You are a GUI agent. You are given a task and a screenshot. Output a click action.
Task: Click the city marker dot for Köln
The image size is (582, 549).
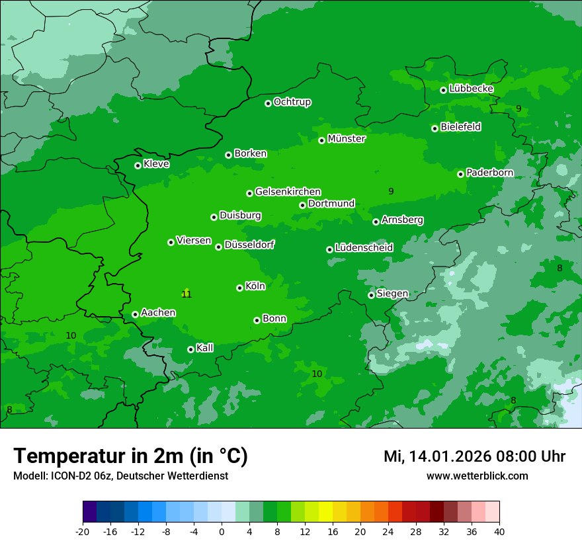click(x=239, y=288)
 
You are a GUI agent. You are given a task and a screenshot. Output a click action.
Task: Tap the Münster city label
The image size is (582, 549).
click(x=346, y=139)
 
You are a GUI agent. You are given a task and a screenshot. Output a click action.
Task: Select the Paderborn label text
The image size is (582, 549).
click(x=489, y=173)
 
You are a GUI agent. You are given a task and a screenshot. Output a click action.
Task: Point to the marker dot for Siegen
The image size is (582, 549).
click(x=371, y=295)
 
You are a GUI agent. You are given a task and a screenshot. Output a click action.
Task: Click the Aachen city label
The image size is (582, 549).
click(x=158, y=313)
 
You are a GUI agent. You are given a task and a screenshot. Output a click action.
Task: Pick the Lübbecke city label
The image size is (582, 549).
click(x=471, y=89)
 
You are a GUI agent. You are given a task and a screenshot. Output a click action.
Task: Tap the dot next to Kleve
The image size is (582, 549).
click(x=138, y=165)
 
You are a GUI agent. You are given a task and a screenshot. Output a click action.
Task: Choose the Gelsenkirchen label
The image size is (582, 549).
click(x=288, y=192)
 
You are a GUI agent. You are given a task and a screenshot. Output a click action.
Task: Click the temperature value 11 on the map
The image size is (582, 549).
click(x=187, y=294)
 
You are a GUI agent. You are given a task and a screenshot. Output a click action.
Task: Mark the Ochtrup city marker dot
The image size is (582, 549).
click(x=268, y=103)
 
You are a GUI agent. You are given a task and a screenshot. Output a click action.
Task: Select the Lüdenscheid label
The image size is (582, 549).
click(x=364, y=248)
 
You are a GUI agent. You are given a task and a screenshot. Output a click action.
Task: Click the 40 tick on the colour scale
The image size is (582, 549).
click(x=499, y=532)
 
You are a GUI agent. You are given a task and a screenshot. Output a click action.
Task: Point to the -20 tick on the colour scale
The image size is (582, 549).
click(x=83, y=532)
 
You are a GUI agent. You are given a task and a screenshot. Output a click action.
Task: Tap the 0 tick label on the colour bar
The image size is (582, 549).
click(x=222, y=532)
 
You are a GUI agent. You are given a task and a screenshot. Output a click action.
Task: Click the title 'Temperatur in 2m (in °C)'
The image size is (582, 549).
click(x=130, y=456)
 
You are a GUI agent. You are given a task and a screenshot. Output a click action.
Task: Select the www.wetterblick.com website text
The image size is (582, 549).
click(x=477, y=476)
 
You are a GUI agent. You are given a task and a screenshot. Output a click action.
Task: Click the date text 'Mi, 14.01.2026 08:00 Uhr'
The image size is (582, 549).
click(x=474, y=456)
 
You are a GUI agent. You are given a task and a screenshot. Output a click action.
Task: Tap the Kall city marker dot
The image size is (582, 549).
click(x=190, y=349)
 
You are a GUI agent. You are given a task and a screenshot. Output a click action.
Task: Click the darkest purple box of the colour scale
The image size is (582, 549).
click(x=89, y=512)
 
